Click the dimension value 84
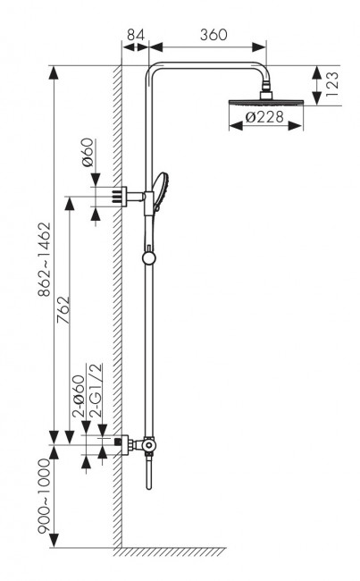point(136,35)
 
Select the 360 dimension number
point(213,35)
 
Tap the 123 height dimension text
point(332,85)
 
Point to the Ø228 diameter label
point(264,117)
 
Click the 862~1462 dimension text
point(45,259)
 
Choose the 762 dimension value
point(63,310)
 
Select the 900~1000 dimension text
point(44,496)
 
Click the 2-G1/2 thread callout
point(96,391)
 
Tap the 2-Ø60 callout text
point(79,397)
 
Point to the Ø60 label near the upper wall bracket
point(88,152)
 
